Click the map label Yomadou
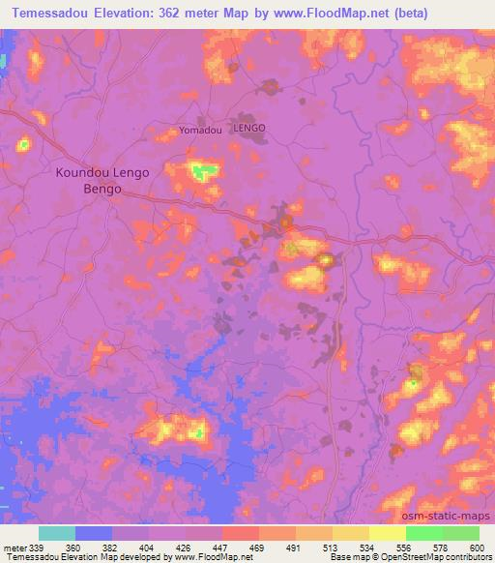click(201, 129)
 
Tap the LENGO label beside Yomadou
click(249, 128)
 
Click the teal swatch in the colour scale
click(57, 533)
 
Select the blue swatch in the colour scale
click(94, 533)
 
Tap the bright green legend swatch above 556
click(423, 533)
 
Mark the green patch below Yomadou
click(201, 173)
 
